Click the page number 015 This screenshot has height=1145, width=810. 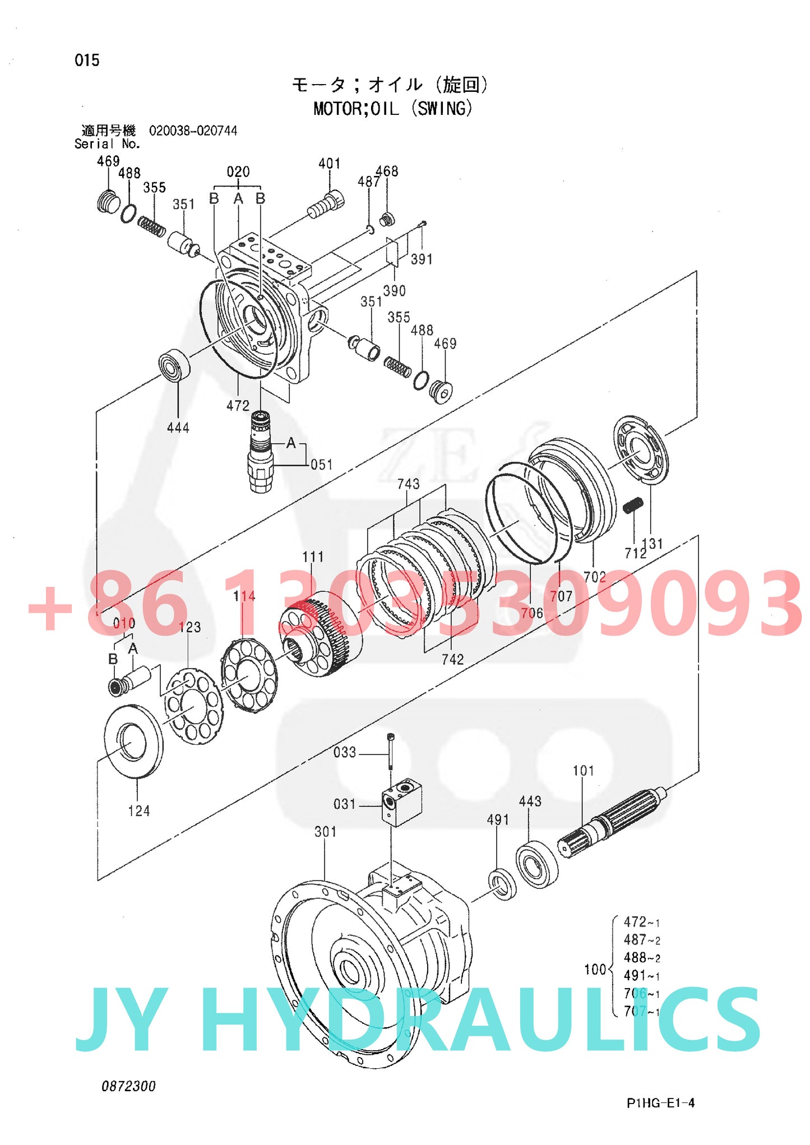[87, 60]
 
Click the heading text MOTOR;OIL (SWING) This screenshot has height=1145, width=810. [392, 108]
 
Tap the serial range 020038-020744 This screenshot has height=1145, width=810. [193, 131]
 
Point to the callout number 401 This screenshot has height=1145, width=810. [330, 163]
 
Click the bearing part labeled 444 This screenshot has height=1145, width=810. [174, 365]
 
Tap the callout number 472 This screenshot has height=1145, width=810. [238, 406]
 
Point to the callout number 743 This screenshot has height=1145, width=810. [408, 484]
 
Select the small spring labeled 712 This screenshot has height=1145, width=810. [633, 505]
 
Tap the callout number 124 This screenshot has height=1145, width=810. [138, 811]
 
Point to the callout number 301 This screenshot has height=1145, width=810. [325, 832]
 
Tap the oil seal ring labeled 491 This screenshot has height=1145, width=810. [502, 884]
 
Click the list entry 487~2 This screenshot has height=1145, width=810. [642, 940]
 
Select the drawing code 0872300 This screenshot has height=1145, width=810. [128, 1086]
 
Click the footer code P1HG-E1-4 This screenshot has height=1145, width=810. [660, 1103]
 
